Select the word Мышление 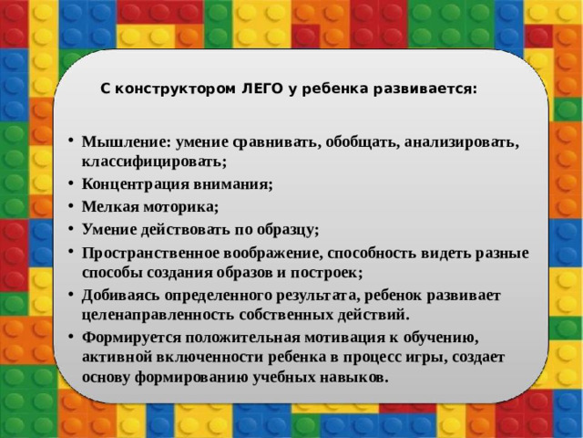click(x=117, y=143)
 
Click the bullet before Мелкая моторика click(x=71, y=207)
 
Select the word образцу click(x=286, y=229)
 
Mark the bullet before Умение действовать click(x=71, y=230)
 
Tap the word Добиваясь click(x=119, y=297)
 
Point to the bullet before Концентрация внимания click(x=71, y=184)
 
